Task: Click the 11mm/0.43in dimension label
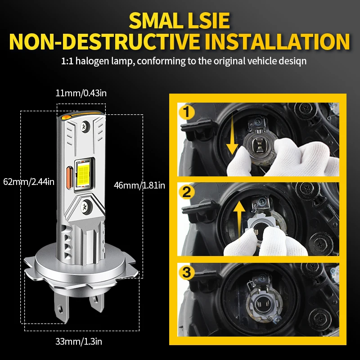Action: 81,93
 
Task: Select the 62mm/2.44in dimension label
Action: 28,182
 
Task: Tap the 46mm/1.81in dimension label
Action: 139,185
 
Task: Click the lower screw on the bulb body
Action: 85,207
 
